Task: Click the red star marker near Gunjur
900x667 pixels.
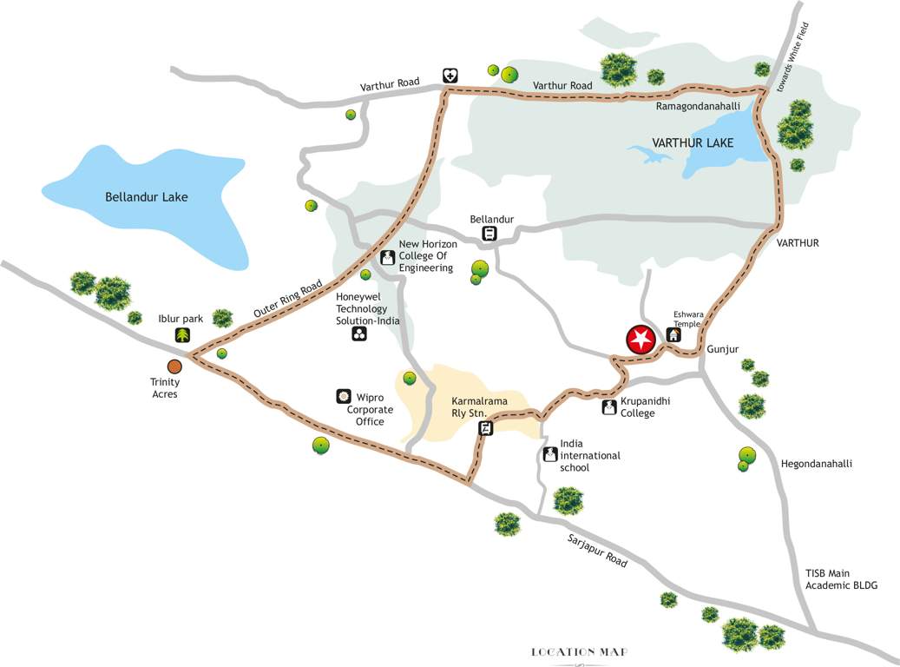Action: [641, 340]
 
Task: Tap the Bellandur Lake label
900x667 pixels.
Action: [147, 197]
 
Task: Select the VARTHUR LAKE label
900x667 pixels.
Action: [693, 142]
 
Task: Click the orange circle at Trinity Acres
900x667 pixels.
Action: [174, 367]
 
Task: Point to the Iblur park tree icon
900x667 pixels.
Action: [182, 335]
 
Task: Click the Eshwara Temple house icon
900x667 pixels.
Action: [673, 334]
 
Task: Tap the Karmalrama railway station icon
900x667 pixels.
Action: [486, 427]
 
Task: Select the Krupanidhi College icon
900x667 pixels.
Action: [608, 406]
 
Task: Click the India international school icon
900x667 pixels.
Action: [549, 453]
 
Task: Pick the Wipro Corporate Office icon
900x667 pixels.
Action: [343, 396]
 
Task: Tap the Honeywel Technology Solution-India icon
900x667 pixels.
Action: [359, 333]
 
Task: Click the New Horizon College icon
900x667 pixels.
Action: [387, 257]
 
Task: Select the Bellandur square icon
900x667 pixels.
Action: [489, 233]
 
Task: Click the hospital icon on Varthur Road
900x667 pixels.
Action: [450, 76]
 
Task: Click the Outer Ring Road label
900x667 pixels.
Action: [288, 298]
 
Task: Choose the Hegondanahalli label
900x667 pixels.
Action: [816, 464]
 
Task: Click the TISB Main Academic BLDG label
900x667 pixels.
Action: [841, 579]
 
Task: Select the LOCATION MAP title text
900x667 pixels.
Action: [580, 651]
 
